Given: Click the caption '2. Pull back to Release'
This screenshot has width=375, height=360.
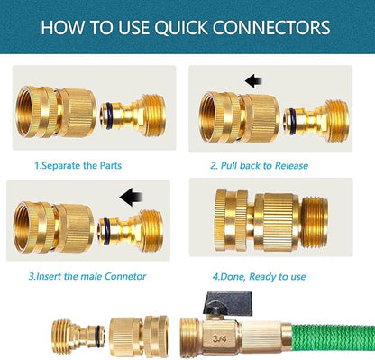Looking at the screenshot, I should click(x=259, y=166).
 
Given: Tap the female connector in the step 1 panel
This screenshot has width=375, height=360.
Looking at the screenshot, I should click(x=55, y=113).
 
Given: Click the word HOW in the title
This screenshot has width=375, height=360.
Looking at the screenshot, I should click(x=69, y=27).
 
